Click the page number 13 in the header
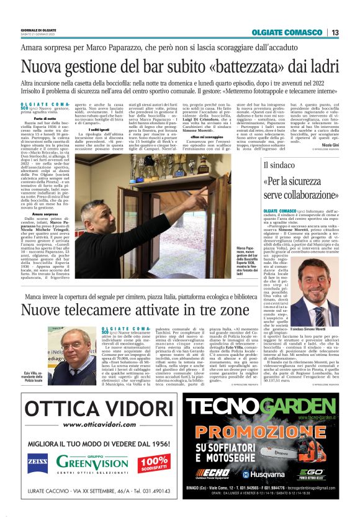click(x=335, y=32)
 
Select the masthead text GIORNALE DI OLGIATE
click(x=38, y=29)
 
